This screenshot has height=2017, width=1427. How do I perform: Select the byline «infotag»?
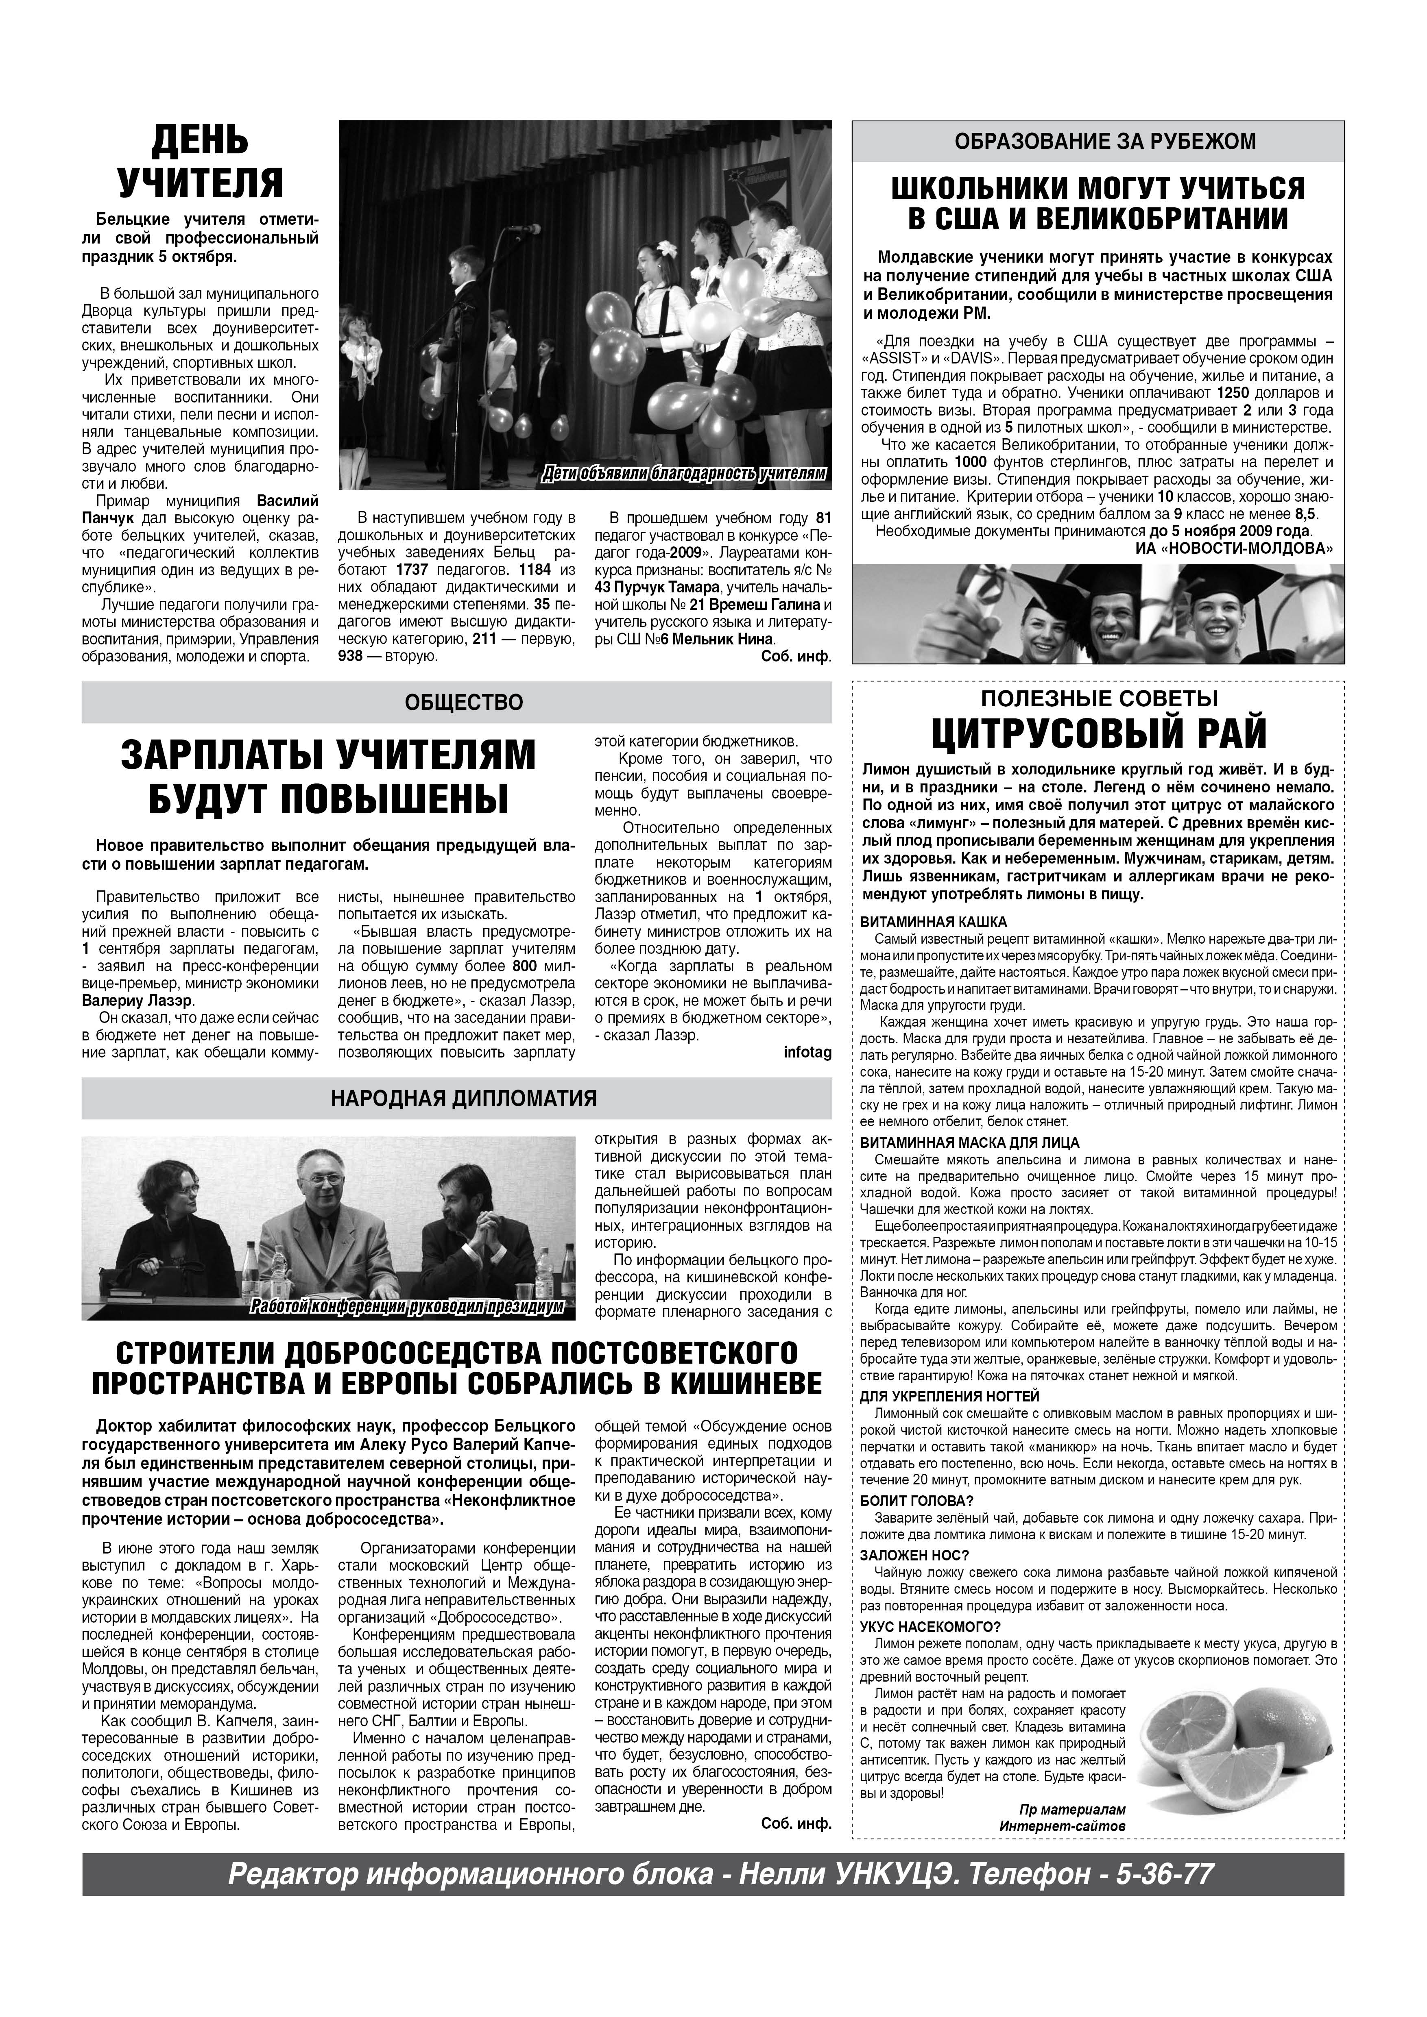[x=807, y=1053]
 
